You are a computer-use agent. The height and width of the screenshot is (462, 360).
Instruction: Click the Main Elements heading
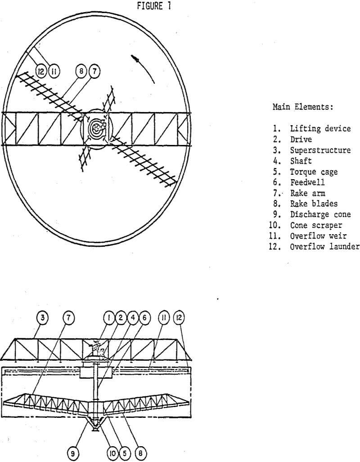point(302,107)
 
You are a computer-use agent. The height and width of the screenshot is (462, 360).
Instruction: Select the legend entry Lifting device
point(320,129)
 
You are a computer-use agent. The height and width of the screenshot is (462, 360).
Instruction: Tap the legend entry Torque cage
point(313,172)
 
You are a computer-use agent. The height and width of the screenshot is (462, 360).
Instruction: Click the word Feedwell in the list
point(307,182)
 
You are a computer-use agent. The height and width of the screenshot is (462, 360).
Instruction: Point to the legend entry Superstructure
point(320,150)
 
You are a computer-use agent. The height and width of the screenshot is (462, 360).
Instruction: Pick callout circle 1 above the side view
point(109,317)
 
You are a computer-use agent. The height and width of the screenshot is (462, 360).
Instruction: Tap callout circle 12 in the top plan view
point(41,71)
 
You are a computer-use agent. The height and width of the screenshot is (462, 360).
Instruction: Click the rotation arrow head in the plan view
point(134,58)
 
